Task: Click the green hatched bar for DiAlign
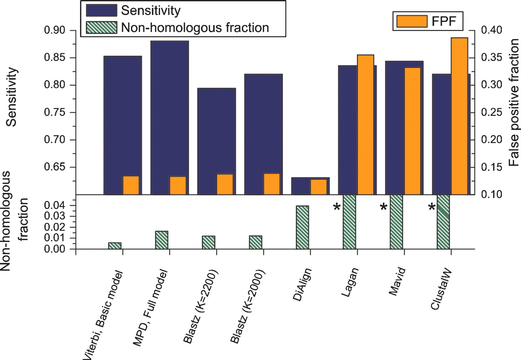(x=302, y=227)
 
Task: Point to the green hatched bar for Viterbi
(x=115, y=246)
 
